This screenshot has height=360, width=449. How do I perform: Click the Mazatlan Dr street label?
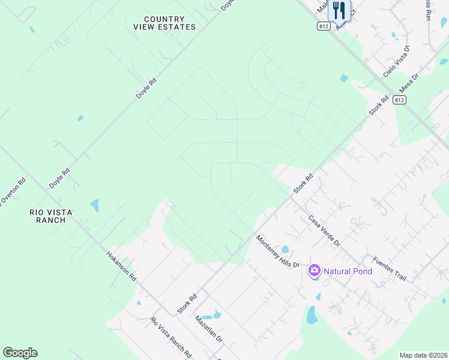(209, 330)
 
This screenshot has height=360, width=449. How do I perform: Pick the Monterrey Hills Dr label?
(278, 251)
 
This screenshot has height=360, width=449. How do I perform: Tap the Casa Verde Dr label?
(324, 231)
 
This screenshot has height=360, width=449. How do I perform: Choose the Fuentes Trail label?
(390, 269)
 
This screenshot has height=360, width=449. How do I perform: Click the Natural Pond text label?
(348, 271)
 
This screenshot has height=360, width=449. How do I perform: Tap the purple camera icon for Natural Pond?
(313, 271)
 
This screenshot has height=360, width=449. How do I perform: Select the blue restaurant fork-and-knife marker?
(339, 10)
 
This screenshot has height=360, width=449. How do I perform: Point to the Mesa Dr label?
(408, 86)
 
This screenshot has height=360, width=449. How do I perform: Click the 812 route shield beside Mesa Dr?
(400, 101)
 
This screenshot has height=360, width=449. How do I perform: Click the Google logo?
(20, 353)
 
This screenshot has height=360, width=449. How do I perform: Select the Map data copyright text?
(423, 355)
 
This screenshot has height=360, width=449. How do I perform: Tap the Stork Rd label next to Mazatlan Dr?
(187, 304)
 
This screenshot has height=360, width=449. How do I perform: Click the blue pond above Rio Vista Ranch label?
(94, 206)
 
